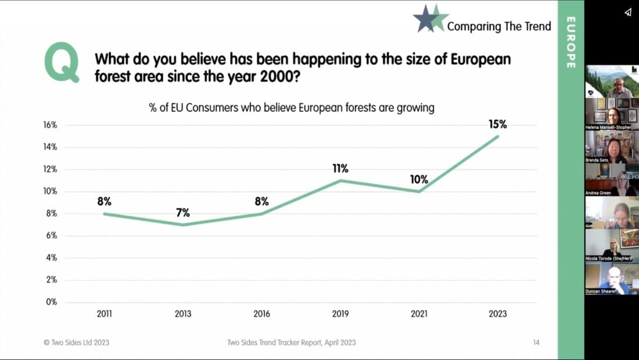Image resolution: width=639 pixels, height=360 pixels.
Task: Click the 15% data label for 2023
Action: (498, 124)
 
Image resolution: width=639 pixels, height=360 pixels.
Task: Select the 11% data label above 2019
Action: (340, 168)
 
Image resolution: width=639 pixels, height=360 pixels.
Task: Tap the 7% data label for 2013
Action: (183, 212)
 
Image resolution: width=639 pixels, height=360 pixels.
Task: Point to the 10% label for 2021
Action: (419, 179)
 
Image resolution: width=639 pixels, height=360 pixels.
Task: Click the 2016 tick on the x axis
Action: (261, 314)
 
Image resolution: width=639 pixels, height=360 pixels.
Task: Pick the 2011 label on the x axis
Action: (104, 314)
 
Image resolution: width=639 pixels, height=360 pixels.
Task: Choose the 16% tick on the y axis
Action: (50, 125)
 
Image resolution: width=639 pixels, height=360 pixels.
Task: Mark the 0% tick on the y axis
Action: (52, 302)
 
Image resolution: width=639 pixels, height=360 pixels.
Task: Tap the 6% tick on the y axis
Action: (52, 236)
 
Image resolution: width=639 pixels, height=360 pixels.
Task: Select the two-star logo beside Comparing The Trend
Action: (430, 18)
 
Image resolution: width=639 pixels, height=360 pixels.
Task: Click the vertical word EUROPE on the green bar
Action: (570, 42)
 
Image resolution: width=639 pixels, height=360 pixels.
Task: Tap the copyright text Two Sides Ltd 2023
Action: (76, 342)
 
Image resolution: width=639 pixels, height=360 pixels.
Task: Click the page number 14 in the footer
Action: (536, 342)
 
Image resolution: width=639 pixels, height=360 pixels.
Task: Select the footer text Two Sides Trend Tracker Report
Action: (291, 342)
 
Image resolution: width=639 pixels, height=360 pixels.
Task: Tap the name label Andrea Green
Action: (598, 193)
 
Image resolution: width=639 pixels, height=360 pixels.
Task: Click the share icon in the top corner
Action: (627, 12)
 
